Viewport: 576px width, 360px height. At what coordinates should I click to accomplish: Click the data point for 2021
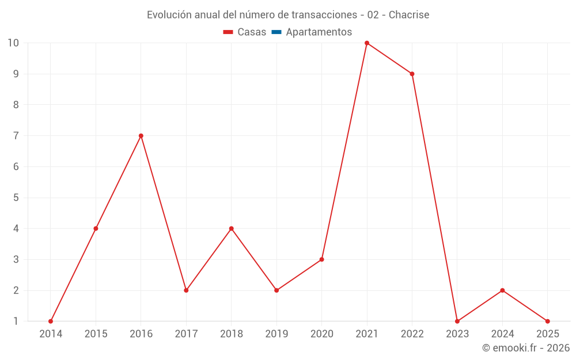[x=367, y=43]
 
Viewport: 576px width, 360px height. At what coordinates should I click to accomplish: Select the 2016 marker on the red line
[x=141, y=136]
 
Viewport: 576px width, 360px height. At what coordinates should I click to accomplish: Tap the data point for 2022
[x=412, y=74]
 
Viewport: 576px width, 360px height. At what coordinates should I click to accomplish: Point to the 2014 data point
[x=51, y=321]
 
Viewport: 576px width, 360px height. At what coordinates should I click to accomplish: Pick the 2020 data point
[x=321, y=259]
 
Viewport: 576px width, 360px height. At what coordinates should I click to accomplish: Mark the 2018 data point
[x=231, y=229]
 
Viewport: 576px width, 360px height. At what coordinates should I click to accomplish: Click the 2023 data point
[x=457, y=321]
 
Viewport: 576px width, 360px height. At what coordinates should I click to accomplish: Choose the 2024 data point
[x=502, y=290]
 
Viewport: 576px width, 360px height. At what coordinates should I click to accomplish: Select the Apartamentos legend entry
[x=319, y=32]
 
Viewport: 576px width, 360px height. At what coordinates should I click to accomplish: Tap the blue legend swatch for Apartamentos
[x=276, y=32]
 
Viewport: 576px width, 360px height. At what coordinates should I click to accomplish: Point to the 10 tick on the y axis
[x=13, y=43]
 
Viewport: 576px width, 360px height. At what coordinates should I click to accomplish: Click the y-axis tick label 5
[x=16, y=198]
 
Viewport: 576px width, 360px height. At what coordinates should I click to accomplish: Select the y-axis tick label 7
[x=16, y=136]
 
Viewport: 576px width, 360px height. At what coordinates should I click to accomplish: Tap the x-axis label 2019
[x=276, y=334]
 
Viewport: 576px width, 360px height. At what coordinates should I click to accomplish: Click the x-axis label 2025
[x=547, y=334]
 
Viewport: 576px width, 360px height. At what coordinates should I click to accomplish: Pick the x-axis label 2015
[x=96, y=334]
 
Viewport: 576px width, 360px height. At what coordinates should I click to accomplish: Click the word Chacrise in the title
[x=409, y=15]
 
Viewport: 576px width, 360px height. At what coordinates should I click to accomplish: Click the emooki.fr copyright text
[x=526, y=348]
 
